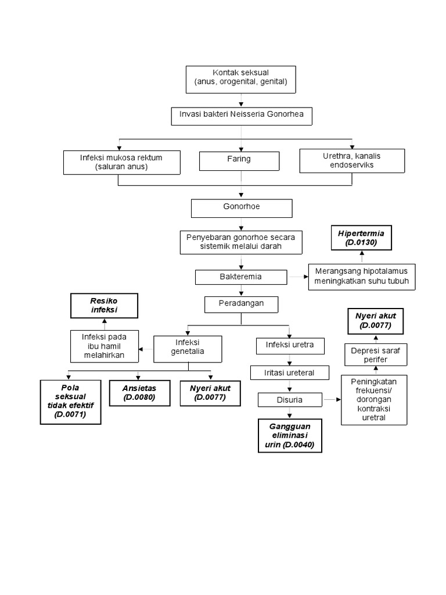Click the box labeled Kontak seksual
(x=241, y=78)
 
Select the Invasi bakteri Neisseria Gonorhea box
(x=241, y=116)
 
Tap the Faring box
(x=239, y=160)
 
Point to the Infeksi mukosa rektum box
(x=121, y=162)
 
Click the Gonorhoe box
(x=241, y=208)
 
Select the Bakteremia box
(x=241, y=277)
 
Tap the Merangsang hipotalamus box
(x=361, y=277)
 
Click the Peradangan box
(x=241, y=304)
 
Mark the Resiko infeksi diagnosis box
(x=104, y=306)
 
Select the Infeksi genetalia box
(x=187, y=349)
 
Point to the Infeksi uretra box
(x=289, y=346)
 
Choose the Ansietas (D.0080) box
(x=139, y=393)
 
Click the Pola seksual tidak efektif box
(x=70, y=401)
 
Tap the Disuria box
(x=289, y=400)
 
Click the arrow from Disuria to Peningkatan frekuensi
(x=330, y=400)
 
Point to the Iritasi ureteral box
(x=289, y=372)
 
